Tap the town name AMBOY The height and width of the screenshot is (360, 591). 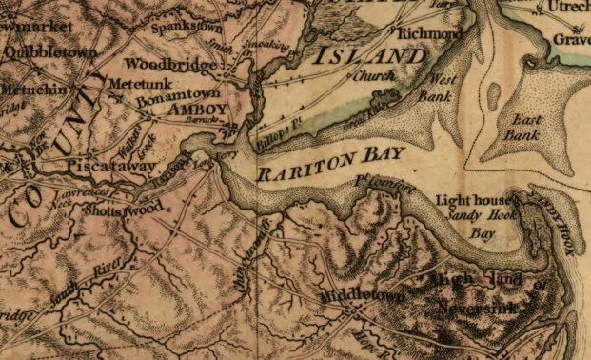pos(197,110)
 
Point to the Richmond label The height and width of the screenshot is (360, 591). pos(429,33)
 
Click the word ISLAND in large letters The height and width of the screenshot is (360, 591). pos(373,56)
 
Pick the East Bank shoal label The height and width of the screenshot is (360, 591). pos(523,127)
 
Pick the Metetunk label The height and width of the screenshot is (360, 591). pos(130,85)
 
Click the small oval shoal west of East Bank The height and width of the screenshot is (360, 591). pos(493,95)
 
